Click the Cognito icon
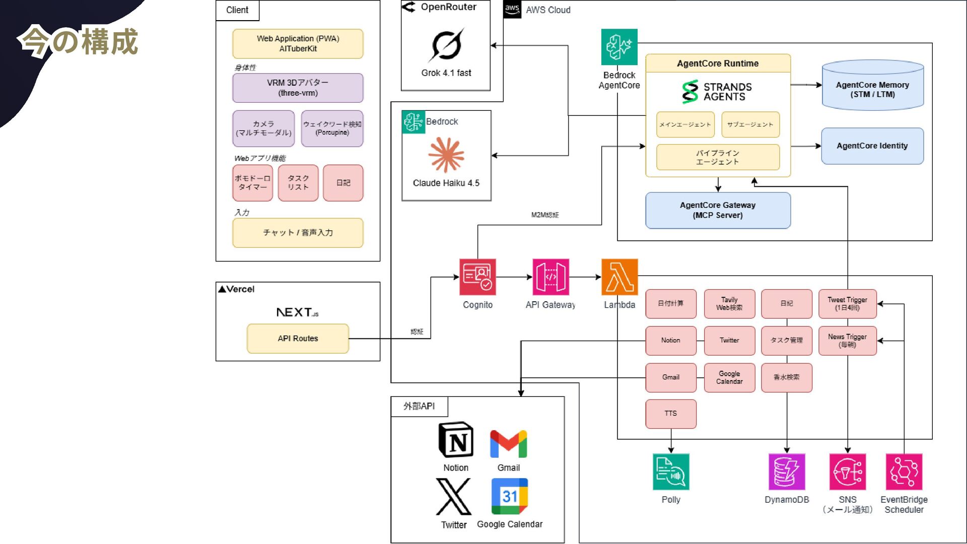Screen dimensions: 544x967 (x=477, y=277)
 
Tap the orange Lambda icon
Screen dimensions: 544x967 (x=619, y=277)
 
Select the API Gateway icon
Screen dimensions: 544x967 (x=550, y=277)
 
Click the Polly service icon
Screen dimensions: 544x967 (x=671, y=472)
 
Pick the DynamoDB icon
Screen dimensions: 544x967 (x=787, y=472)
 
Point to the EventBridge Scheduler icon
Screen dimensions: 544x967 (x=904, y=472)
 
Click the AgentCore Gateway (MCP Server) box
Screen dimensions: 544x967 (x=718, y=210)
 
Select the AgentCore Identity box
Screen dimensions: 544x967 (x=872, y=146)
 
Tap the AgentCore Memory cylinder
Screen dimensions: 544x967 (x=872, y=86)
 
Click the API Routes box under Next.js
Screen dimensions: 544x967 (x=298, y=338)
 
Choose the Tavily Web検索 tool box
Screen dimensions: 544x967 (x=729, y=304)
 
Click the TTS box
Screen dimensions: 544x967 (x=671, y=414)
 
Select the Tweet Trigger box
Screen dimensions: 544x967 (x=847, y=304)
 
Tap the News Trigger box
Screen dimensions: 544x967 (x=847, y=341)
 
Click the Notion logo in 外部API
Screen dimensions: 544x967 (x=456, y=440)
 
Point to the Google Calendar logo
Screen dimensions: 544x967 (x=509, y=496)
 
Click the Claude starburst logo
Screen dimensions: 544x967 (x=446, y=155)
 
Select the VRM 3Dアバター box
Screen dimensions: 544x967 (x=298, y=88)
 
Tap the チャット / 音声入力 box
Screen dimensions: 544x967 (x=298, y=233)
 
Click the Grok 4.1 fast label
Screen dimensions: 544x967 (x=446, y=73)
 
